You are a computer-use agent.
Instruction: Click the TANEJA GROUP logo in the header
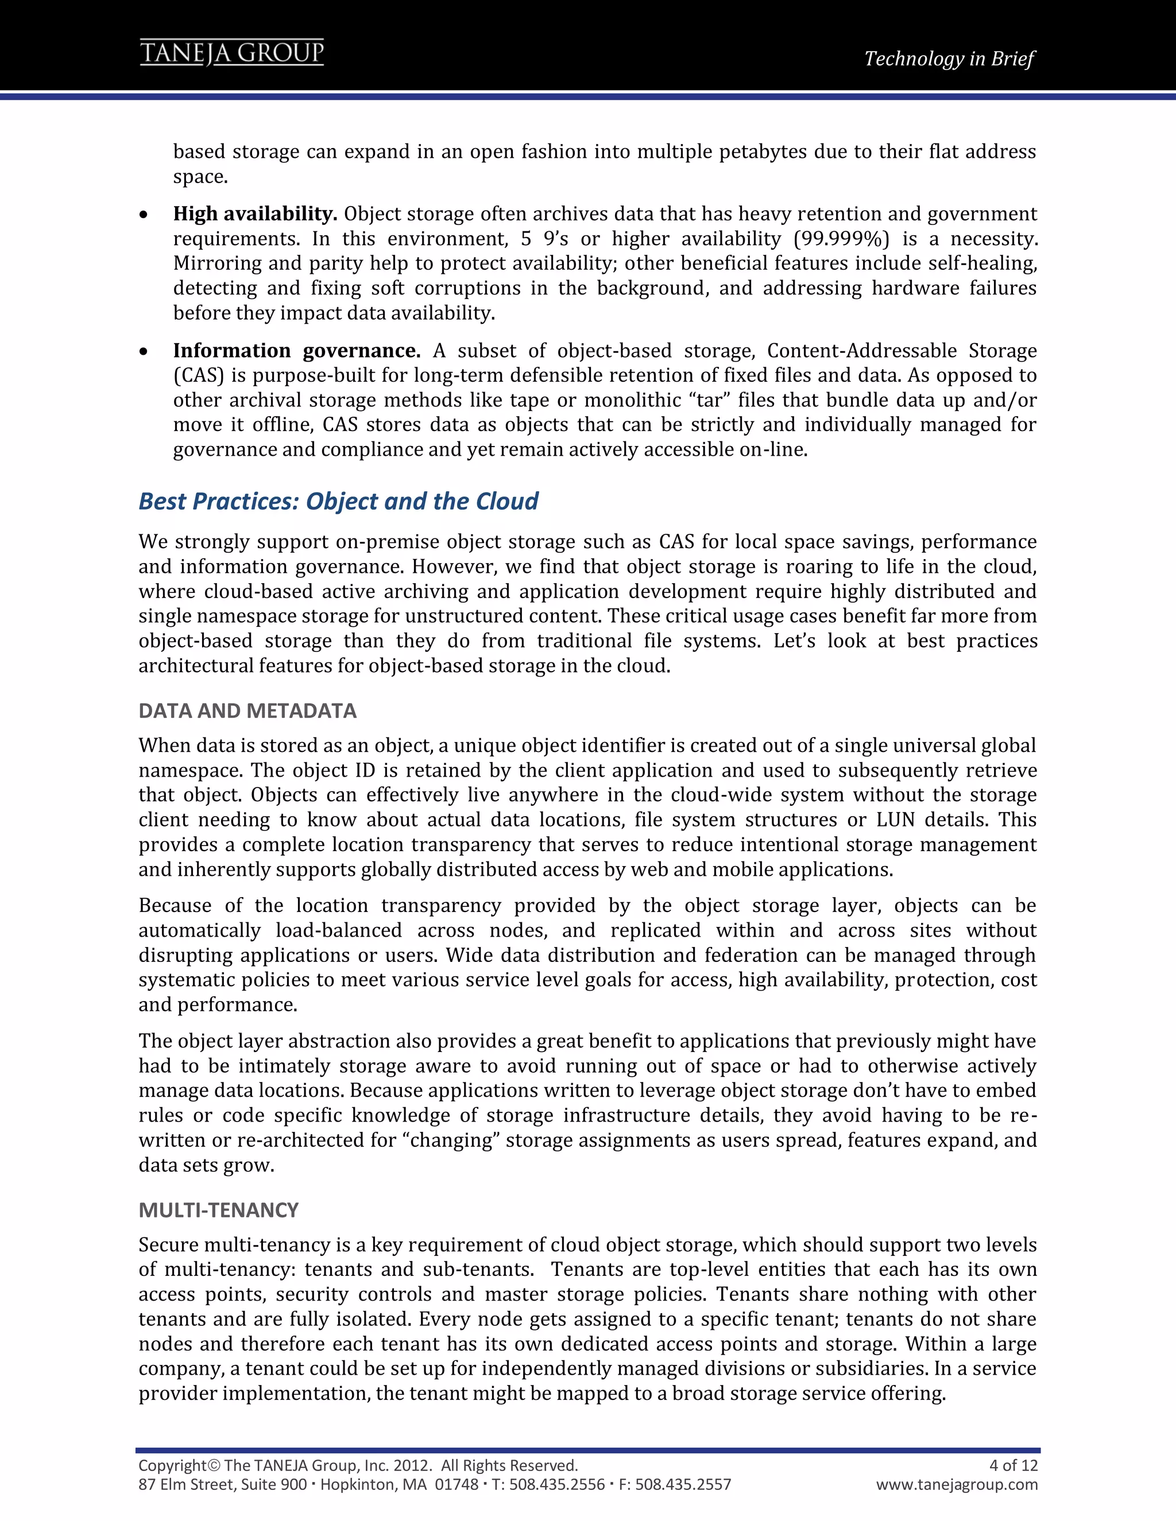coord(232,53)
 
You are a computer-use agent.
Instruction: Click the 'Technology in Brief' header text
coord(949,59)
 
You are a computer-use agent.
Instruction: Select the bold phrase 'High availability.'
coord(255,214)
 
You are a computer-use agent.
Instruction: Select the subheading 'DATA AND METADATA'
coord(247,711)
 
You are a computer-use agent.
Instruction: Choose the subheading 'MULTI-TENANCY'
coord(218,1210)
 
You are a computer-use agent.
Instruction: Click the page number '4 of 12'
coord(1013,1465)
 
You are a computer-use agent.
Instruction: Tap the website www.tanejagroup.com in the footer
coord(957,1485)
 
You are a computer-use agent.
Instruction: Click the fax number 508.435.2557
coord(683,1485)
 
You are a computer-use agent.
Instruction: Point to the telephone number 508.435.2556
coord(556,1485)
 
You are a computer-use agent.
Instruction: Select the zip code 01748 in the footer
coord(457,1485)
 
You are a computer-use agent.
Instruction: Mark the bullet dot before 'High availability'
coord(144,216)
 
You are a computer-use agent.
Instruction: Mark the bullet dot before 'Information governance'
coord(144,352)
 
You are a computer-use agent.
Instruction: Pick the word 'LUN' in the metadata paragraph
coord(895,820)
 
